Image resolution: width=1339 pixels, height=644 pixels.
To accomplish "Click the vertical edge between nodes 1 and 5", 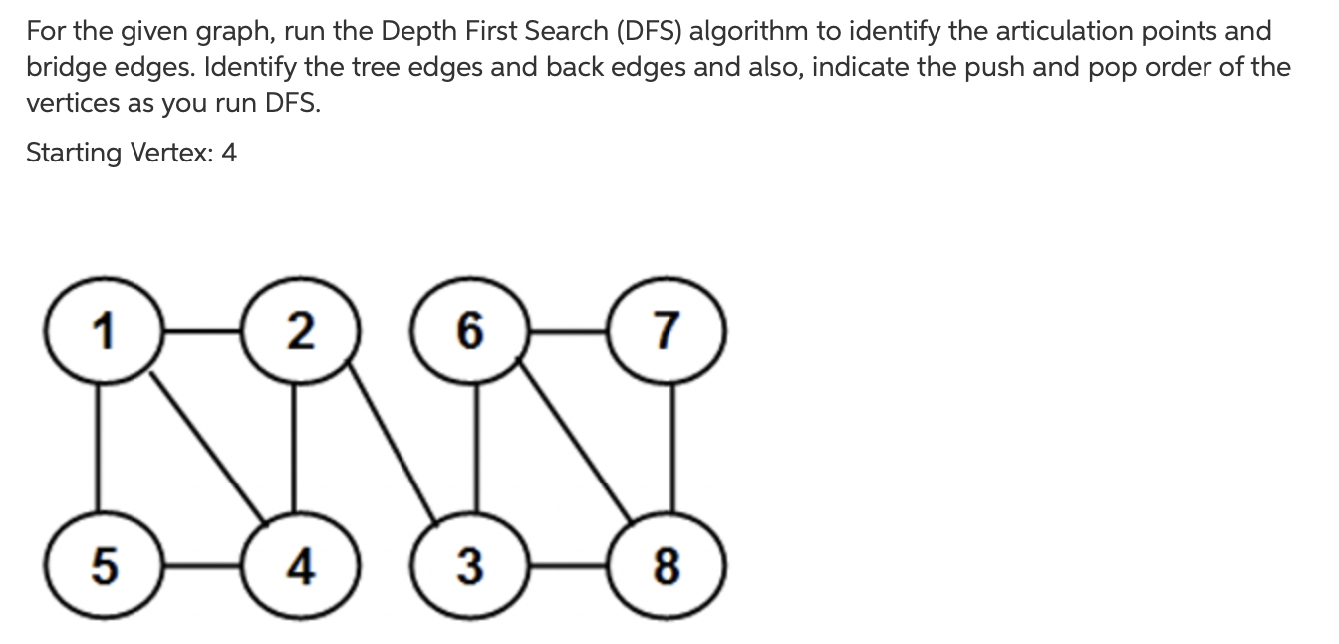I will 98,449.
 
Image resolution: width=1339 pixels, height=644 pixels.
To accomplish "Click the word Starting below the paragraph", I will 73,153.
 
